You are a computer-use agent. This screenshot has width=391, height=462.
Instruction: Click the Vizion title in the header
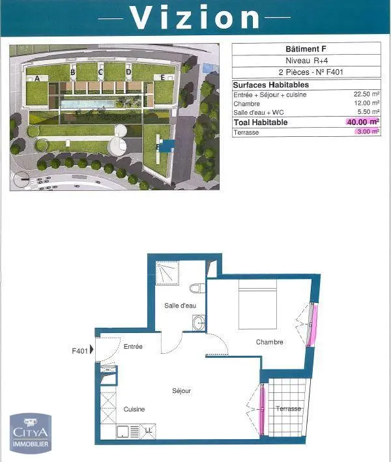[194, 18]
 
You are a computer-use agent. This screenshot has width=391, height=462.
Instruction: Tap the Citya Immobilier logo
[31, 433]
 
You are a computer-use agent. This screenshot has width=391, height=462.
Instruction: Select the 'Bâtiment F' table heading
[306, 49]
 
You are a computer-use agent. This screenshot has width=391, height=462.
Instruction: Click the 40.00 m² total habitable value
[363, 122]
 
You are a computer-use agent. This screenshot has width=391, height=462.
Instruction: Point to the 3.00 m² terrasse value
[368, 132]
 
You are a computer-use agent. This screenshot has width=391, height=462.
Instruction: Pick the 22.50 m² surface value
[366, 94]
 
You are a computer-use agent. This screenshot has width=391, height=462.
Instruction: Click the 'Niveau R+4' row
[306, 61]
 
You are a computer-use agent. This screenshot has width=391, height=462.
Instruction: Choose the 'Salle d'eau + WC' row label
[259, 112]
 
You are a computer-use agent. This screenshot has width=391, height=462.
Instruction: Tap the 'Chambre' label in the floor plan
[269, 342]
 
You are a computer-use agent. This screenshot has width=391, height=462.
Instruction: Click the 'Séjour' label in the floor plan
[182, 391]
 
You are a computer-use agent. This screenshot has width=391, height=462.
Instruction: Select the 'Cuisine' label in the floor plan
[134, 409]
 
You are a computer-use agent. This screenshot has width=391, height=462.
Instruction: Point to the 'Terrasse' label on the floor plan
[288, 409]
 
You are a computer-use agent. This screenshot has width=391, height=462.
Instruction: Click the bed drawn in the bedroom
[257, 304]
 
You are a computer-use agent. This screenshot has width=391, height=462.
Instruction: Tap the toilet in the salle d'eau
[197, 288]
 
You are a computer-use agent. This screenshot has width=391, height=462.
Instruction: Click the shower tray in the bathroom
[167, 273]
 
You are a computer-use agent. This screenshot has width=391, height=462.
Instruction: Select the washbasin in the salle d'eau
[199, 323]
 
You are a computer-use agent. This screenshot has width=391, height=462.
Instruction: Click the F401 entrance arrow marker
[92, 349]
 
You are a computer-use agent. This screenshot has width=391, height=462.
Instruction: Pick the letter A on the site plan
[37, 78]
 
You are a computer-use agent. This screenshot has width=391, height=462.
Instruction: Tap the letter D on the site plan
[128, 72]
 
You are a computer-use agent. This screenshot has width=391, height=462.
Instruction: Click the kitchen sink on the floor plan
[123, 432]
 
